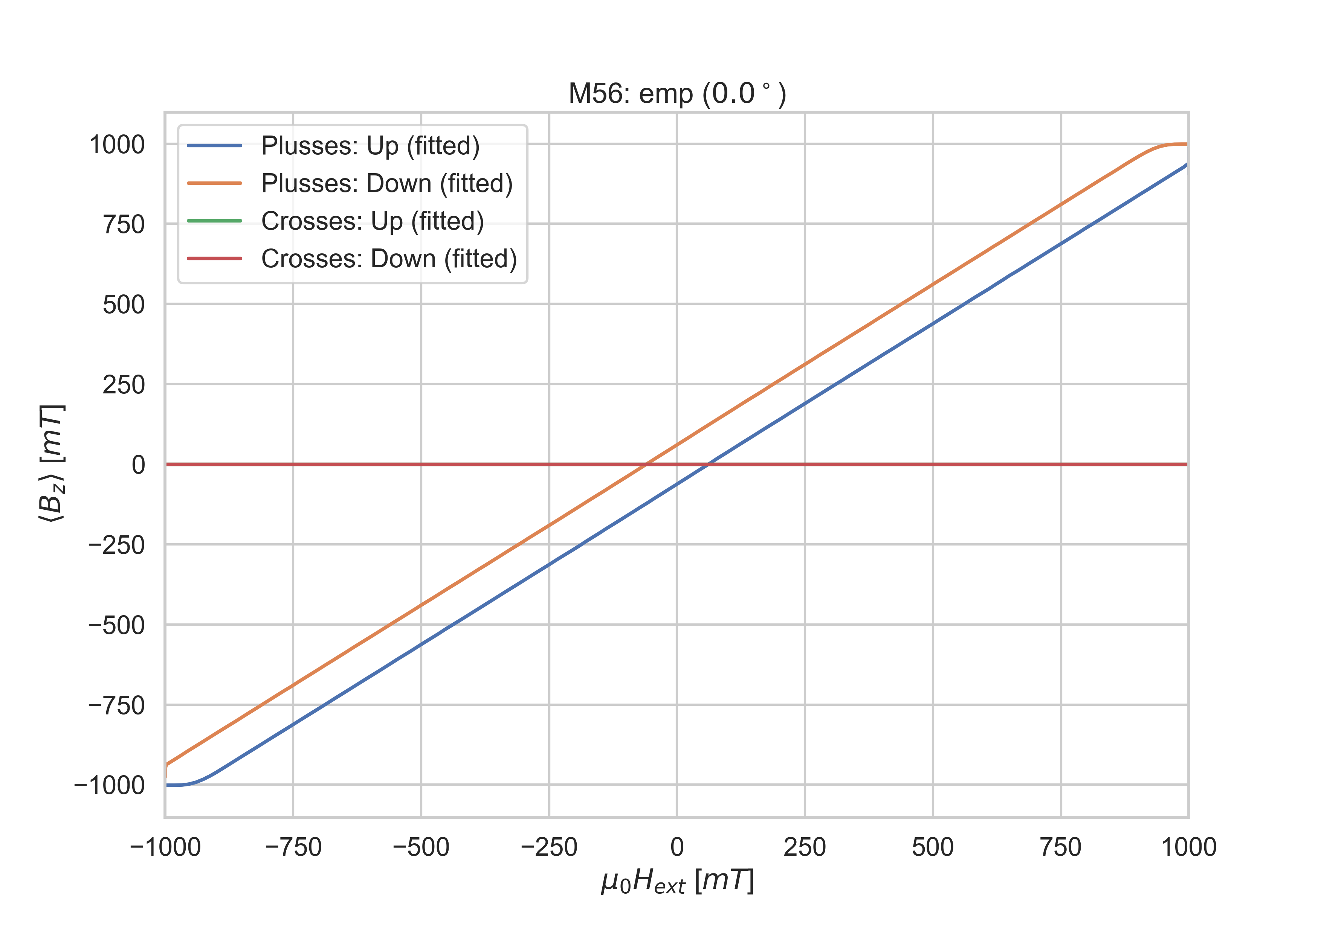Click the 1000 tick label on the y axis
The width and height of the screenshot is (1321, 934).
tap(117, 144)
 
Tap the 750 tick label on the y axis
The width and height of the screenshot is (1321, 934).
tap(124, 224)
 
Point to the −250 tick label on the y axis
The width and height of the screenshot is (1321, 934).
tap(116, 545)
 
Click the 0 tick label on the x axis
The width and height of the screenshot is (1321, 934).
tap(677, 847)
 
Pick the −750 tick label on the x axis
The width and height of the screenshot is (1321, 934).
tap(293, 847)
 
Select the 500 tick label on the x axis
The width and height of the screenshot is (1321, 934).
tap(933, 847)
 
